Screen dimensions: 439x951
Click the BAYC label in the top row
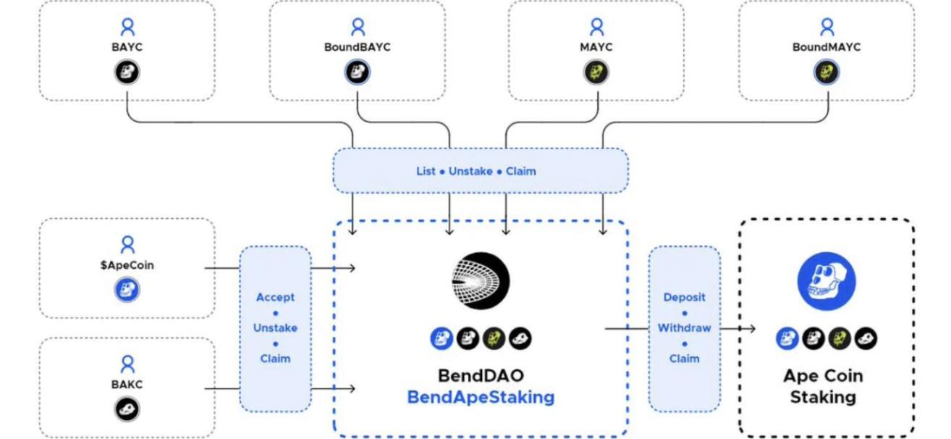[127, 47]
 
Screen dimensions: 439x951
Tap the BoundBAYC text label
[358, 47]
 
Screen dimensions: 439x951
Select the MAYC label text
[596, 47]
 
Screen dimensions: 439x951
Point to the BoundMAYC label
[827, 47]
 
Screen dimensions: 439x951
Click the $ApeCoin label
[127, 265]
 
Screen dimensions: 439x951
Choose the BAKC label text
[127, 385]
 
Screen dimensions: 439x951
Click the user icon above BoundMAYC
[827, 28]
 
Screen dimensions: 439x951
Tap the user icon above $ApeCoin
[127, 245]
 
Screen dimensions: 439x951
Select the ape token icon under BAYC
[127, 72]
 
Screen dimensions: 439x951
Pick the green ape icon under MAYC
[596, 72]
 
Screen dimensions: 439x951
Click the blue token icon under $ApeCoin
[127, 290]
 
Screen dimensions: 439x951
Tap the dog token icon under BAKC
[127, 410]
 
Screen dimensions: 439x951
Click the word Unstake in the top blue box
[470, 172]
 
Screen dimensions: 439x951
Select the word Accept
[275, 297]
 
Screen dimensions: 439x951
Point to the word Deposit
[684, 297]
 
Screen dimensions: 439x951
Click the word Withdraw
[684, 327]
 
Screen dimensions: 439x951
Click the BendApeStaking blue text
[481, 397]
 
